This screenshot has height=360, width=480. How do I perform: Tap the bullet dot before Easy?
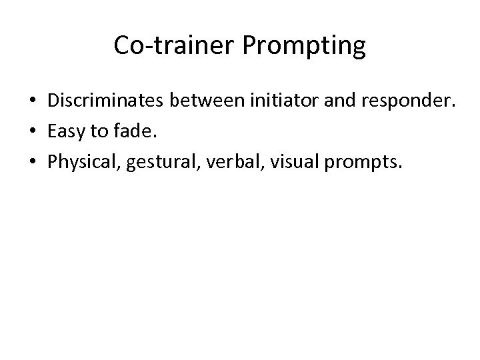click(33, 133)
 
